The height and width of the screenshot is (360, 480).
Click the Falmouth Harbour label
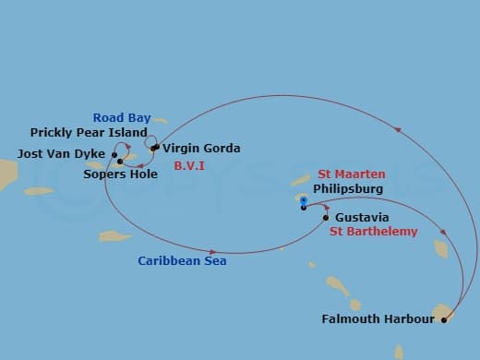(378, 320)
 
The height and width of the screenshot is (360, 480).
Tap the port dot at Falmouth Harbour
(444, 320)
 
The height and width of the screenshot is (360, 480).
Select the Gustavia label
(355, 218)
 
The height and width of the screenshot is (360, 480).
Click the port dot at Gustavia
(326, 218)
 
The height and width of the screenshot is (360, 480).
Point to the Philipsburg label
(346, 187)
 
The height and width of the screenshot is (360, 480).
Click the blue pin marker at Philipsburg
(303, 200)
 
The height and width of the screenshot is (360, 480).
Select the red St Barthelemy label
(373, 232)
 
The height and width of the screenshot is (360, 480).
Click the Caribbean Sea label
(182, 261)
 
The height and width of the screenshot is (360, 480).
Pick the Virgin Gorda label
(201, 149)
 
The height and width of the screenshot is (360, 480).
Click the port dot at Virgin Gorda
(153, 148)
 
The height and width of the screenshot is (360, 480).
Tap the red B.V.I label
(190, 166)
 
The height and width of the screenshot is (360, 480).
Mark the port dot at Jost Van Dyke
(114, 154)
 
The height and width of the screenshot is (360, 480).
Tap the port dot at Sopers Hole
(120, 162)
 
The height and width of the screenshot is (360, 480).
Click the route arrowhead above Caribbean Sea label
(213, 251)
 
